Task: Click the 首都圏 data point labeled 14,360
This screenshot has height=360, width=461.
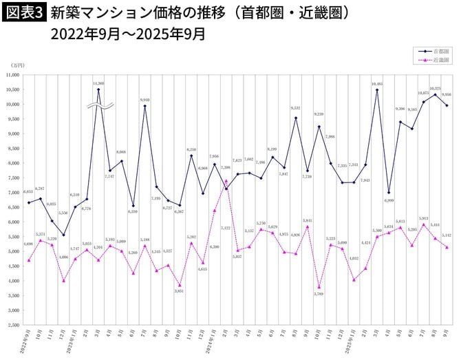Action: tap(98, 89)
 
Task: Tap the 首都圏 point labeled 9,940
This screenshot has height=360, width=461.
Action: tap(145, 106)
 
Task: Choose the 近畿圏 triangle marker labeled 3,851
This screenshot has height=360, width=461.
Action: tap(180, 285)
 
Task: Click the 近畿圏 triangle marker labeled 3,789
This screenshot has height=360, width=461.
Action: tap(319, 287)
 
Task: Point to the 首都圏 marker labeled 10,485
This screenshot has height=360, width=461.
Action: tap(377, 90)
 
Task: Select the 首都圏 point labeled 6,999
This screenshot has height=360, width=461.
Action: tap(389, 193)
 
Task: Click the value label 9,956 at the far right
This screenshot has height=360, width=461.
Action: tap(446, 95)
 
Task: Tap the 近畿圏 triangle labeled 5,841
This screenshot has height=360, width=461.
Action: tap(308, 226)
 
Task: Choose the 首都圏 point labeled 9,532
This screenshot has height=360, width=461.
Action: tap(296, 118)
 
